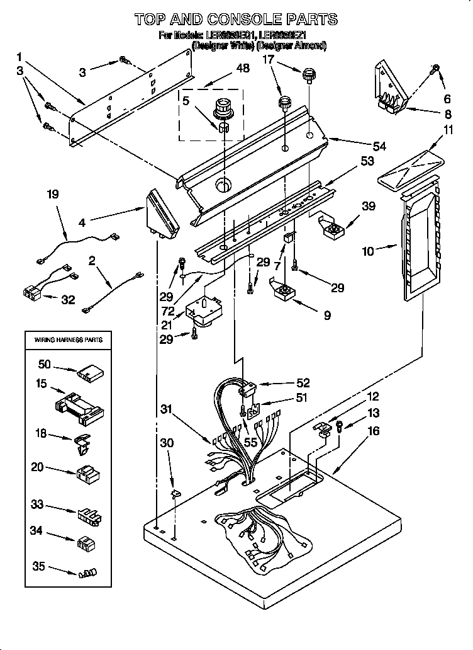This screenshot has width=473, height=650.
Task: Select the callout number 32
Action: (x=67, y=300)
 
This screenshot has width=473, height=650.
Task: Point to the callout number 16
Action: (x=374, y=431)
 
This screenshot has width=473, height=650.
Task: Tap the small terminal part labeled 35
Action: (x=87, y=573)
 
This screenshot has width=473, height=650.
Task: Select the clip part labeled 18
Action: (x=82, y=443)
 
